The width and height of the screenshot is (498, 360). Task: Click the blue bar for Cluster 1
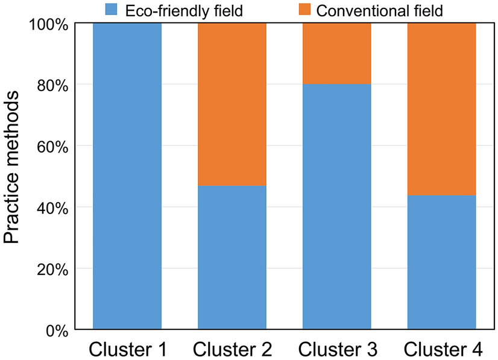pos(127,176)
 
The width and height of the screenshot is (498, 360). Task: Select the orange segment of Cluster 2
pos(232,104)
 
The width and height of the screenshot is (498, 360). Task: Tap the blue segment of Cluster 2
pos(232,257)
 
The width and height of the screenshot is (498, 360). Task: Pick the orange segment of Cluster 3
pos(336,53)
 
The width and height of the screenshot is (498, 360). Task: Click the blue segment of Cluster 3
pos(336,207)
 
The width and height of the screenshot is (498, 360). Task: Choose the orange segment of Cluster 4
pos(441,109)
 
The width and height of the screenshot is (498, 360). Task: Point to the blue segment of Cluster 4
pos(441,262)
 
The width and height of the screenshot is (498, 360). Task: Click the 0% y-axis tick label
pos(55,330)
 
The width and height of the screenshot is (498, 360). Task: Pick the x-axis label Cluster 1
pos(127,349)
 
